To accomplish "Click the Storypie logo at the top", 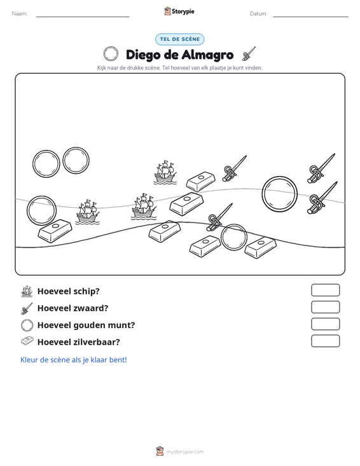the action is [x=179, y=11].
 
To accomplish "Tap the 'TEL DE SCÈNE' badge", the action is [x=179, y=39].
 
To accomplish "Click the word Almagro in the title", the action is [x=207, y=55].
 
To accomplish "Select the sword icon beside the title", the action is [x=249, y=53].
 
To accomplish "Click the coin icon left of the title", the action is [x=104, y=54].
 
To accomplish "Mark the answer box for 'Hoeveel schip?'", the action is [x=325, y=290].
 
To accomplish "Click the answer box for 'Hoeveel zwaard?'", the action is [x=325, y=307].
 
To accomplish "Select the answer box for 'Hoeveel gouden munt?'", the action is [x=325, y=324].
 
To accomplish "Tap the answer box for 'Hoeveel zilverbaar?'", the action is [x=325, y=341].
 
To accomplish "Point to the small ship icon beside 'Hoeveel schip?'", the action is [x=27, y=291].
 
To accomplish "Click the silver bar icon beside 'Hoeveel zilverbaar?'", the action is [x=27, y=341].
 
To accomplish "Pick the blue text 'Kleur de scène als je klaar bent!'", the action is [x=73, y=360].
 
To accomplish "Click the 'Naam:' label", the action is [x=20, y=14].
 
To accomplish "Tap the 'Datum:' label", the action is [x=258, y=14].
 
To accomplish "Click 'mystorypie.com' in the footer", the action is [x=184, y=452].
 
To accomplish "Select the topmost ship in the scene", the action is [x=165, y=172].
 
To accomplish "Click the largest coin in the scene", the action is [x=263, y=194].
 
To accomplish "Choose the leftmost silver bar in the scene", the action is [x=55, y=231].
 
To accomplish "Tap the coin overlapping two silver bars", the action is [x=222, y=237].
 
